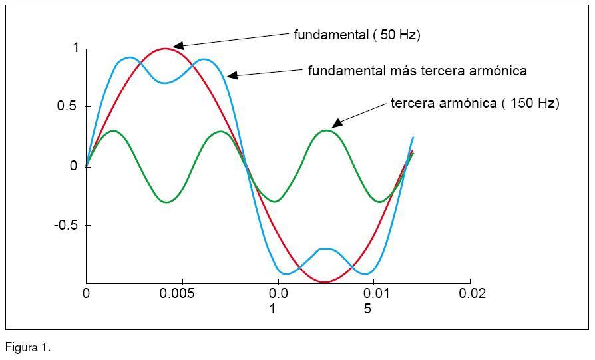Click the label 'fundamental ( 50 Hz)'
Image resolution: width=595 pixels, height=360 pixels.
pos(357,35)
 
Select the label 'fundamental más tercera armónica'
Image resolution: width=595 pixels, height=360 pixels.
pos(417,71)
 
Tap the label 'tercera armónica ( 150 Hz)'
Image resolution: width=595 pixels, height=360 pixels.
pos(475,104)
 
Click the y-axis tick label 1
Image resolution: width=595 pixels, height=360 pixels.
pos(76,49)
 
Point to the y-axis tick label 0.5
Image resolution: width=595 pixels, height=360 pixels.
pos(68,107)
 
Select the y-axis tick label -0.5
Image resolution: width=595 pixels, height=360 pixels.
pos(66,225)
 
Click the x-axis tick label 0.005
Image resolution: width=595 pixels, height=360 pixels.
pos(182,293)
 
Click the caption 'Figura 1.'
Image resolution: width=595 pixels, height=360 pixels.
pos(28,347)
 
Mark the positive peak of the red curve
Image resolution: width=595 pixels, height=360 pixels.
pos(166,48)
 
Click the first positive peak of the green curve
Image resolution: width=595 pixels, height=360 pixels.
pos(113,130)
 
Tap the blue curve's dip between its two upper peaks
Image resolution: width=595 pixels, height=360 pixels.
pos(166,83)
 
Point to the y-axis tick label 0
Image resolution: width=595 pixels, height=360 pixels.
pos(74,166)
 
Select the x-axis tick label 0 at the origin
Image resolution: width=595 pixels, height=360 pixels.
pos(86,293)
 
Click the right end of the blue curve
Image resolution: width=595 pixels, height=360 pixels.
pos(413,138)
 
